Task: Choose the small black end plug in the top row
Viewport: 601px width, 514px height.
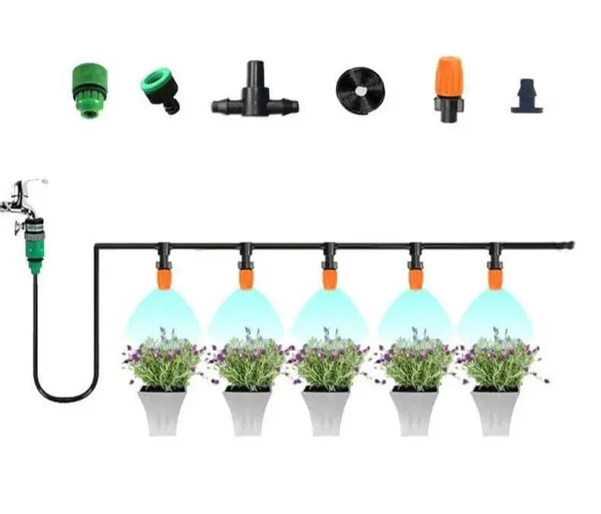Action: pos(526,96)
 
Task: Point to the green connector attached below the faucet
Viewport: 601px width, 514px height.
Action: pos(34,241)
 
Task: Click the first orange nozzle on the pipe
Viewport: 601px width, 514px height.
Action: pos(163,277)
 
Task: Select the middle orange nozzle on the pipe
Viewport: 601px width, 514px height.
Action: pos(329,277)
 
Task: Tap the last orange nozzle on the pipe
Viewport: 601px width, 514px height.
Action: pos(495,277)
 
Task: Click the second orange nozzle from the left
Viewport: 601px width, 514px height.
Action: pos(245,277)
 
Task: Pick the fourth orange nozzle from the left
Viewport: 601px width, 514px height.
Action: pos(415,277)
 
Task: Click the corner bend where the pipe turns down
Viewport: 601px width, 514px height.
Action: pos(96,247)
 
